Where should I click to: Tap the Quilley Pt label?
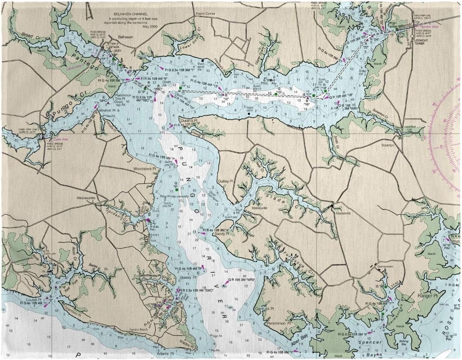coord(225,181)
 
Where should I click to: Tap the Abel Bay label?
coord(299,337)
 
